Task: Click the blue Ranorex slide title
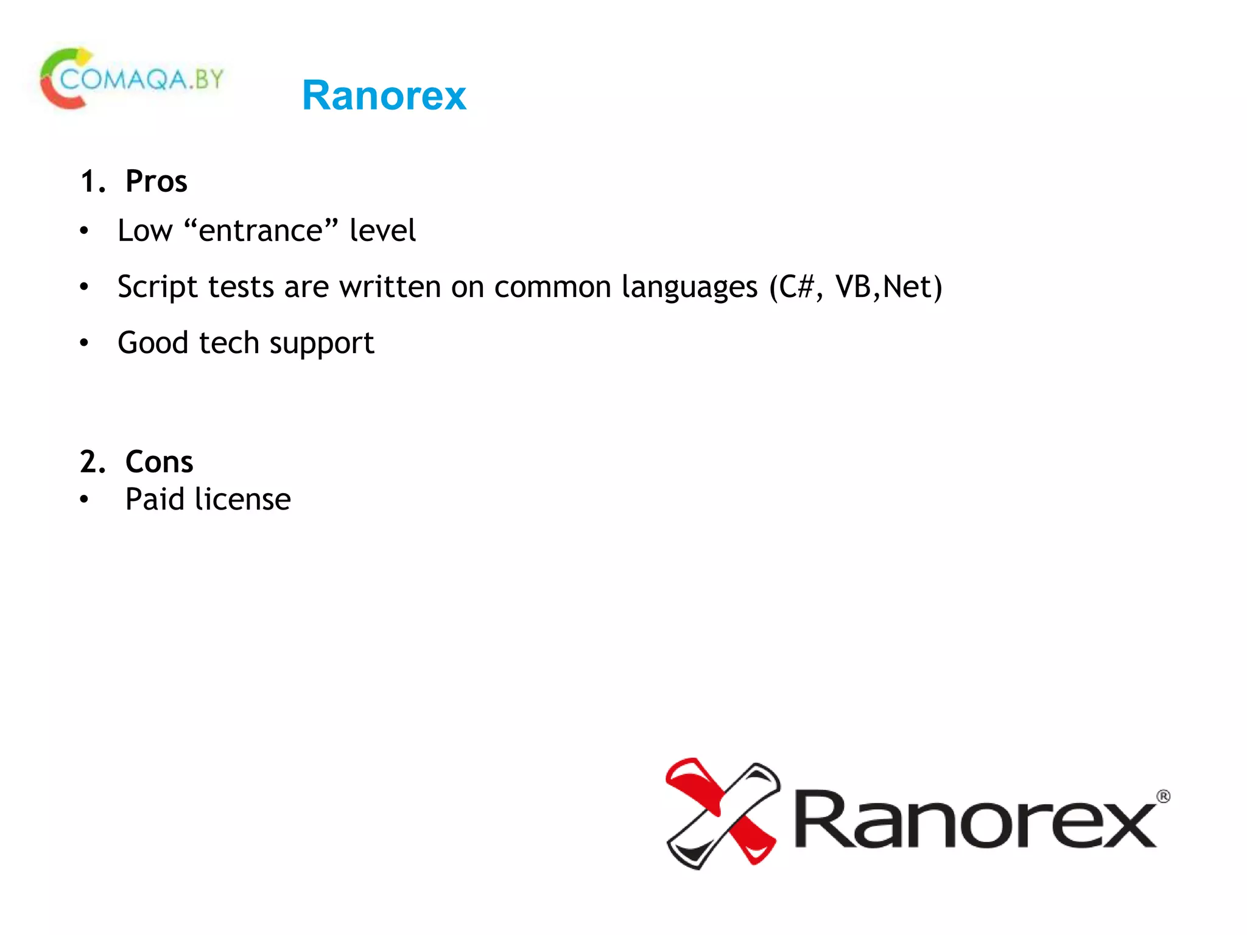click(384, 96)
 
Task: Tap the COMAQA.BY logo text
click(142, 79)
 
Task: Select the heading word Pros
click(156, 181)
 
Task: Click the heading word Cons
click(159, 462)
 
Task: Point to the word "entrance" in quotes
click(260, 231)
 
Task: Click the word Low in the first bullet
click(146, 231)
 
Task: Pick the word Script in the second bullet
click(158, 287)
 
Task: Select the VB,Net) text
click(889, 287)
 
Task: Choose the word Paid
click(155, 499)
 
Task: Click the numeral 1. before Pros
click(93, 181)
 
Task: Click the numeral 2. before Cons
click(93, 462)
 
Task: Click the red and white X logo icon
click(723, 813)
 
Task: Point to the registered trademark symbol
click(1163, 796)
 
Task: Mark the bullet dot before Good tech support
click(84, 343)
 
